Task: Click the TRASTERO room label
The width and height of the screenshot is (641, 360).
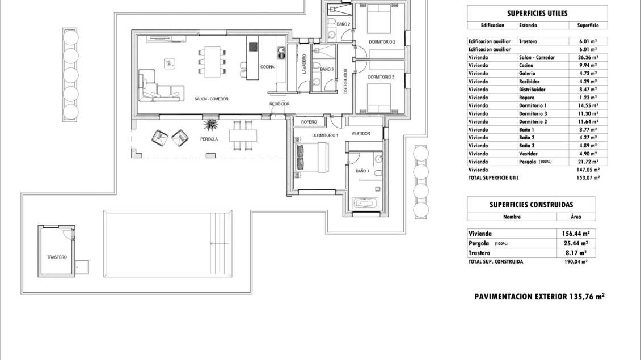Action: click(57, 257)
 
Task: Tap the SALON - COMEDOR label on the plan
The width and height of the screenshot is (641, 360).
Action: click(212, 99)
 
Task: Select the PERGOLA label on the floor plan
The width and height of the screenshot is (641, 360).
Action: click(209, 139)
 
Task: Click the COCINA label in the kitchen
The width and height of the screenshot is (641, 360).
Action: click(267, 67)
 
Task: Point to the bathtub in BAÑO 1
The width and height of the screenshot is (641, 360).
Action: click(365, 203)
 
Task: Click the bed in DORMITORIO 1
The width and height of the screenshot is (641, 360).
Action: click(311, 157)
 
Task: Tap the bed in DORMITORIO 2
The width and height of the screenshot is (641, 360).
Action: click(379, 19)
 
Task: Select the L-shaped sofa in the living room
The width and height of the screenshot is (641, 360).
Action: click(160, 87)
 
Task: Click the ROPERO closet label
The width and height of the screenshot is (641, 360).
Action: click(309, 122)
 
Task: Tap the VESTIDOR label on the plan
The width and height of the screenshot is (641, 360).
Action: click(361, 134)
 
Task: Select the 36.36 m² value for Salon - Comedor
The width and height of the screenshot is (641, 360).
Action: click(588, 58)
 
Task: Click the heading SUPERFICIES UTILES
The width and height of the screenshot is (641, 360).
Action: click(537, 13)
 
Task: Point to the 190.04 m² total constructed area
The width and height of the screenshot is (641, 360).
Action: click(576, 261)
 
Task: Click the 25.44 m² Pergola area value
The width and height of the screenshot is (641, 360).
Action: click(576, 244)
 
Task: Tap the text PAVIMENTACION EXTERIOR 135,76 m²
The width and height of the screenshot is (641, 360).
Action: click(539, 297)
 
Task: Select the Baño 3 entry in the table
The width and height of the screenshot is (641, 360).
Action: click(527, 146)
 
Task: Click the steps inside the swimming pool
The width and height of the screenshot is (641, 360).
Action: click(220, 244)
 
